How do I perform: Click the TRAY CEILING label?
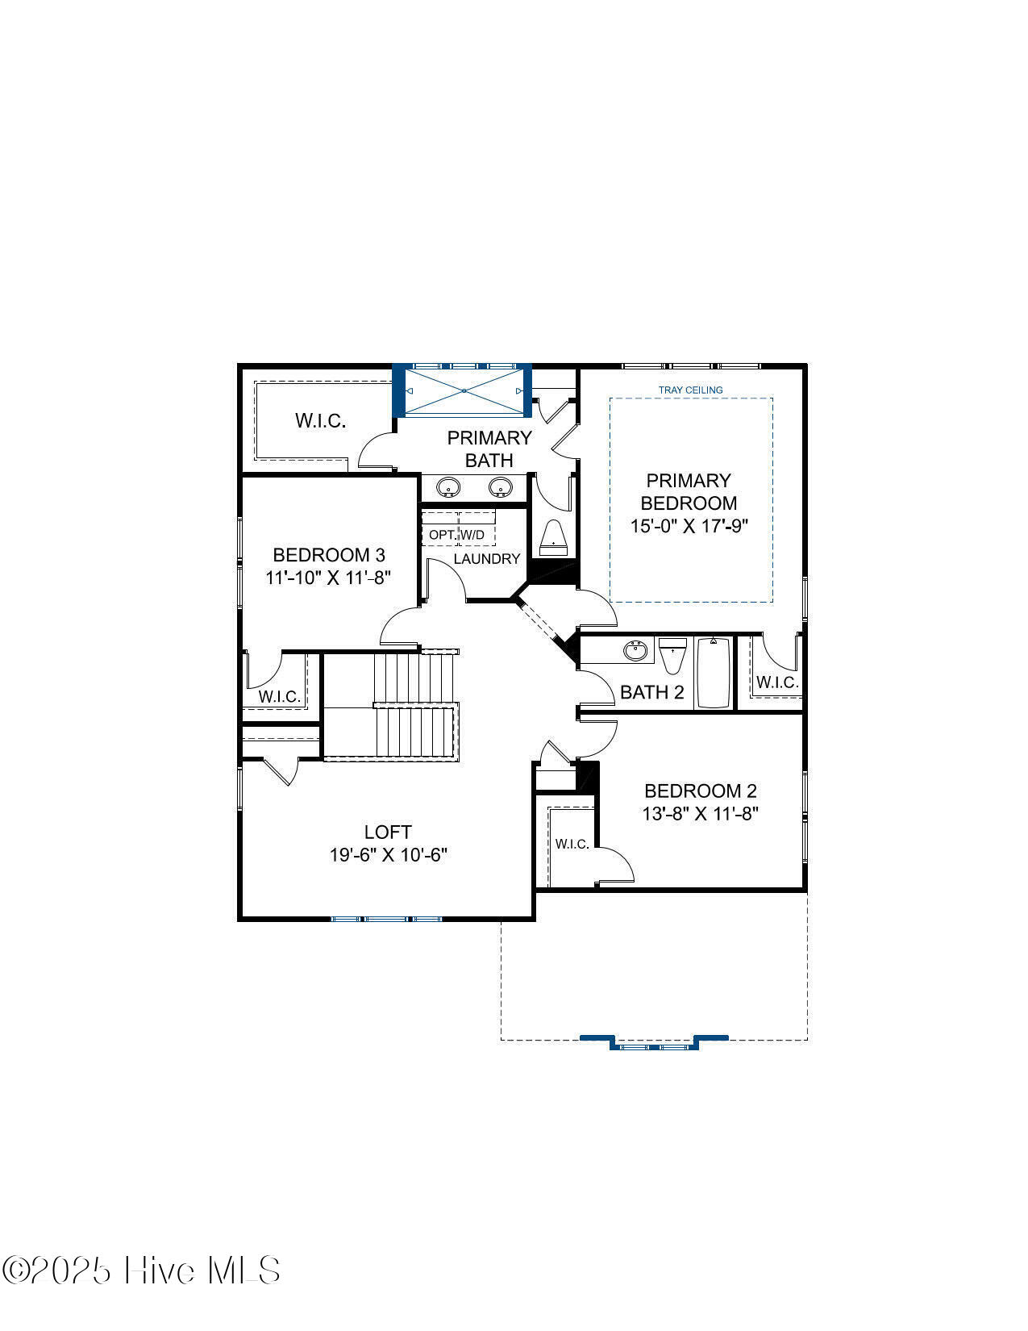click(690, 390)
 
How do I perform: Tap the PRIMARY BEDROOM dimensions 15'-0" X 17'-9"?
click(689, 525)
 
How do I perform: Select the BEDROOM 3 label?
click(329, 555)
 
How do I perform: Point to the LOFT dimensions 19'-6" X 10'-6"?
click(388, 854)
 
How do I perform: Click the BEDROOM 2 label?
click(701, 791)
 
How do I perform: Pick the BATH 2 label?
click(652, 692)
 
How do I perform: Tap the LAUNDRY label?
click(487, 558)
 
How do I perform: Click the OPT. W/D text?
click(456, 535)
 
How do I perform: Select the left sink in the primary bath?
click(448, 487)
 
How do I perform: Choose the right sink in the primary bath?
click(500, 487)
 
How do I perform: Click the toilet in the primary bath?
click(553, 538)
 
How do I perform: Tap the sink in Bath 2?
click(635, 650)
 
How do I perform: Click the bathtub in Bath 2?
click(714, 673)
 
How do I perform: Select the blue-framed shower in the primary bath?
click(462, 390)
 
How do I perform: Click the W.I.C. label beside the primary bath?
click(321, 421)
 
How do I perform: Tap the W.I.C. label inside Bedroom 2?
click(572, 844)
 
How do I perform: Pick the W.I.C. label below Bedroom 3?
click(279, 696)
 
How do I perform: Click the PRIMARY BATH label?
click(489, 449)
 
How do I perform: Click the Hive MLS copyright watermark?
click(141, 1271)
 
